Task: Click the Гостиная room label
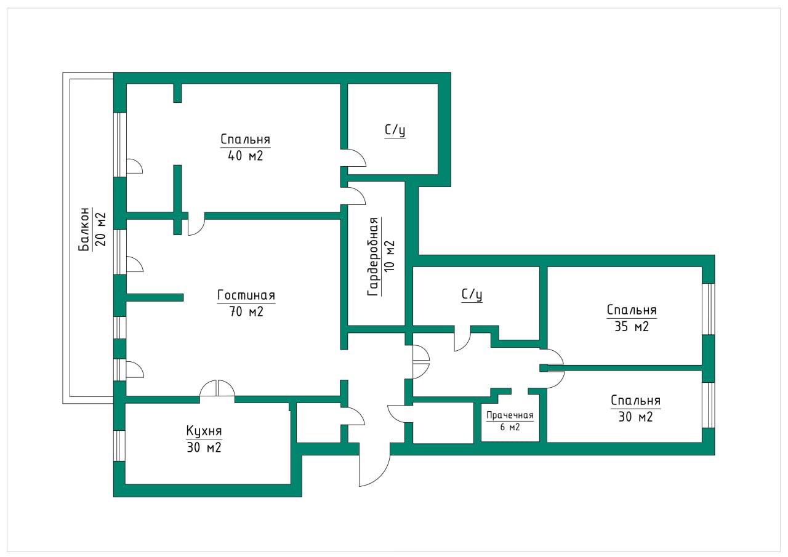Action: [x=246, y=295]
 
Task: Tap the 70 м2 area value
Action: [x=246, y=312]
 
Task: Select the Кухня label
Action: [x=203, y=430]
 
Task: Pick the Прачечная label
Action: [x=510, y=415]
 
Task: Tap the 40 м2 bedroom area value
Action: [x=245, y=156]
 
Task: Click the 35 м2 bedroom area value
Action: [x=631, y=327]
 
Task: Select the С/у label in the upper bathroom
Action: [x=395, y=130]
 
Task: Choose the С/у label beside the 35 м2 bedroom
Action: [x=472, y=295]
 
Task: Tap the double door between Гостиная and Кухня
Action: [x=217, y=390]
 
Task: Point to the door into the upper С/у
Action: [x=355, y=158]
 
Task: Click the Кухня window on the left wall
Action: [x=119, y=445]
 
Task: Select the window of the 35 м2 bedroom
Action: [x=709, y=309]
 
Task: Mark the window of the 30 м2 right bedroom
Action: [x=709, y=404]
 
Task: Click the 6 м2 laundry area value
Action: [x=510, y=427]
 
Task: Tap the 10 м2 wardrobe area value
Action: [x=389, y=257]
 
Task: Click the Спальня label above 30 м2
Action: [x=635, y=401]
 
